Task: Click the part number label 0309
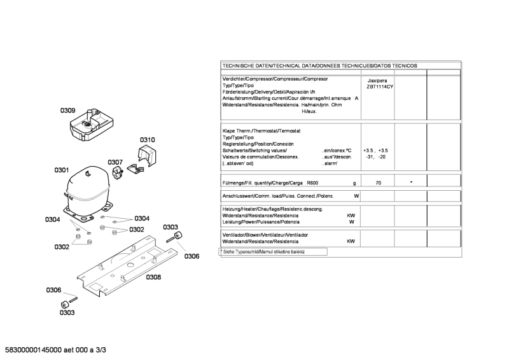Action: coord(68,111)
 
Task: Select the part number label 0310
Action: coord(148,140)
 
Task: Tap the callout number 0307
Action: coord(115,162)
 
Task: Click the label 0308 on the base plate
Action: coord(153,277)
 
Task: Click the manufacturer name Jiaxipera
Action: coord(377,81)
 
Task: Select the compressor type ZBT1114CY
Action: coord(377,87)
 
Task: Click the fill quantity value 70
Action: coord(378,183)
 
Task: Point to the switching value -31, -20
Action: coord(375,156)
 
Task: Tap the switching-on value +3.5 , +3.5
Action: coord(375,150)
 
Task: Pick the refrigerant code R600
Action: coord(313,183)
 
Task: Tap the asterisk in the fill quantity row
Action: coord(411,183)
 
